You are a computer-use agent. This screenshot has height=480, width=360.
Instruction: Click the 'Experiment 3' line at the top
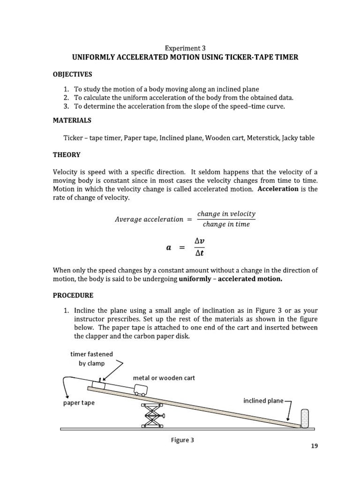(x=185, y=48)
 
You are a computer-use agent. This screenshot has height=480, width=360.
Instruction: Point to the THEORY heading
(x=67, y=155)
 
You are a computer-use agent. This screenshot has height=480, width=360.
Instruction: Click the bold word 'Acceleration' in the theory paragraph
(x=281, y=189)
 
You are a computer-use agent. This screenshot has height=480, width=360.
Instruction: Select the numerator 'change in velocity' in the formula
(x=226, y=214)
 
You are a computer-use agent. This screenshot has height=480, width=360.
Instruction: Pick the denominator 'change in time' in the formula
(x=226, y=224)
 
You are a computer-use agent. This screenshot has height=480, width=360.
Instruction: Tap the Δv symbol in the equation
(x=199, y=241)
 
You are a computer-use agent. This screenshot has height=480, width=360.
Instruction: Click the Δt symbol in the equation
(x=199, y=254)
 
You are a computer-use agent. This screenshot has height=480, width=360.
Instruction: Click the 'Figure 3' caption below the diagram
(x=182, y=440)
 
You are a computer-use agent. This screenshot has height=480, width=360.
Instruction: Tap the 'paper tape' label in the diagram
(x=79, y=403)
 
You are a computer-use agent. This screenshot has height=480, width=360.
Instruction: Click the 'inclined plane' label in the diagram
(x=263, y=400)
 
